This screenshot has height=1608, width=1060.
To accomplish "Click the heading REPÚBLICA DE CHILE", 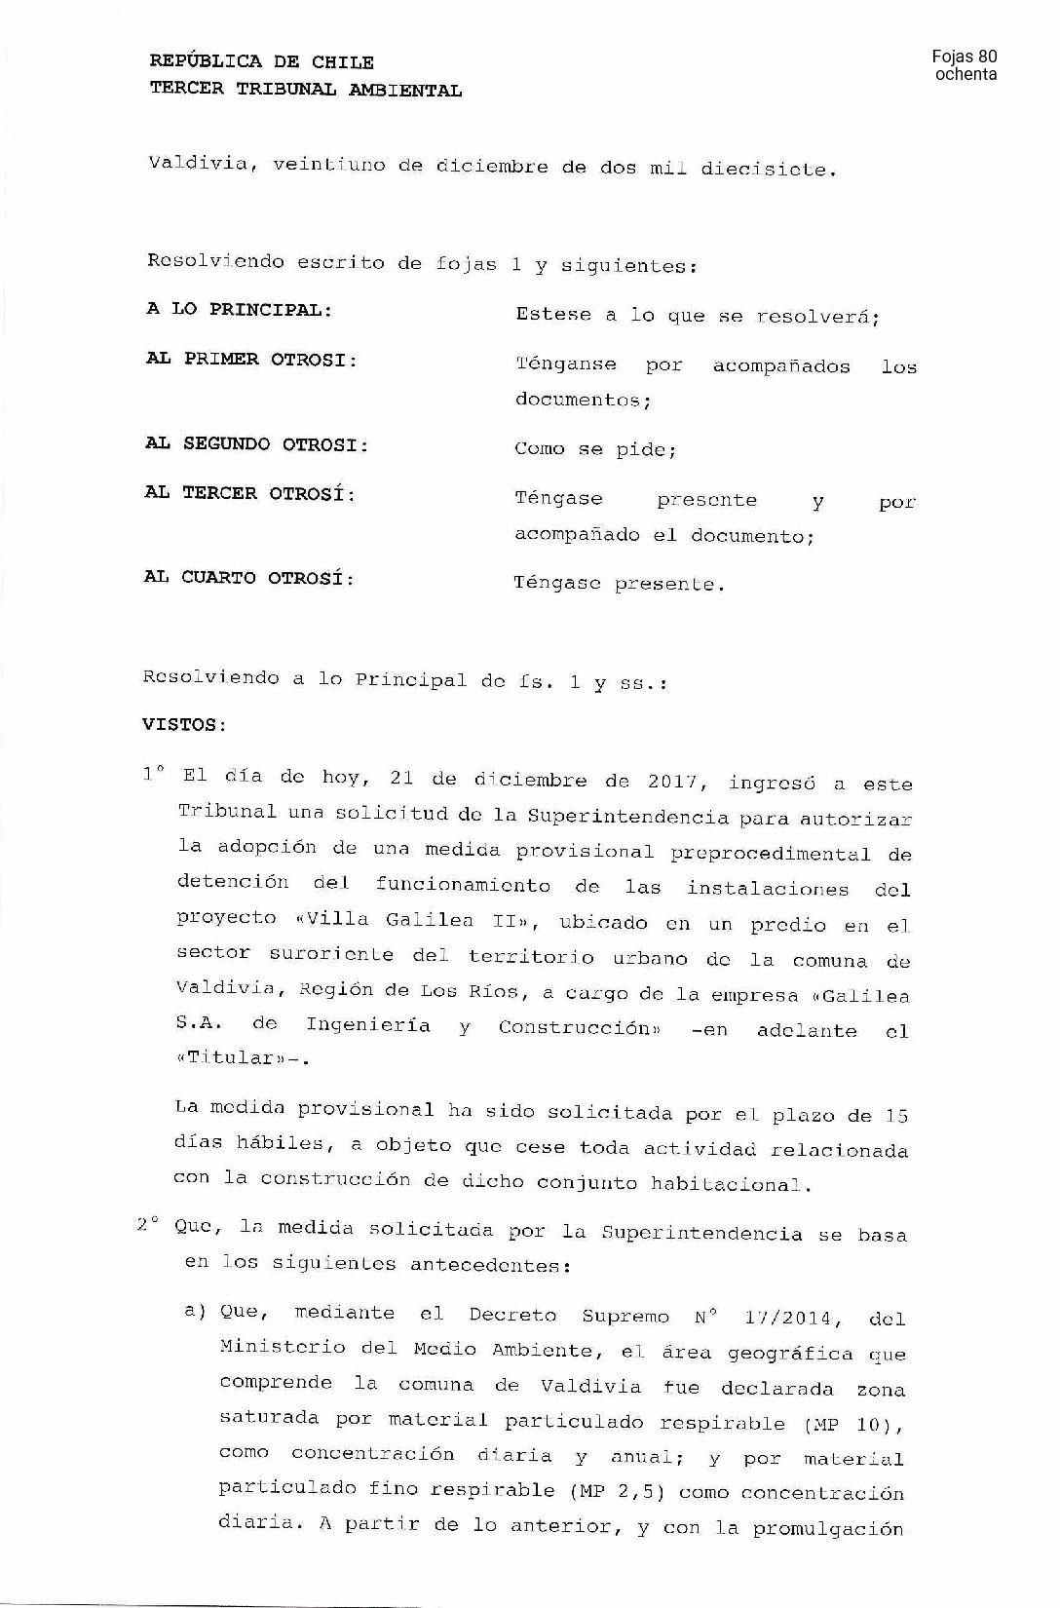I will click(261, 62).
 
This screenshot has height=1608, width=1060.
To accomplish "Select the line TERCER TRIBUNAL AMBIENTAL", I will click(305, 90).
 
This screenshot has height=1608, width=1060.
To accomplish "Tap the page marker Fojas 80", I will click(965, 57).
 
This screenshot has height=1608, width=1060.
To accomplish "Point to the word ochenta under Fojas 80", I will click(965, 75).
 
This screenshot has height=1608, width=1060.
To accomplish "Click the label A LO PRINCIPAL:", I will click(239, 310).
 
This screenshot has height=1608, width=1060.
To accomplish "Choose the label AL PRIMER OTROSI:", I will click(251, 359).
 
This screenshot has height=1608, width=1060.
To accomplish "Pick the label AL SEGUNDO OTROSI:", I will click(257, 444).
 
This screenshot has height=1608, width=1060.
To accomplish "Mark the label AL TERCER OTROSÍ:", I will click(250, 493).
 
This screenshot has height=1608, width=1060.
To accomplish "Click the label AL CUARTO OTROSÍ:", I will click(248, 578).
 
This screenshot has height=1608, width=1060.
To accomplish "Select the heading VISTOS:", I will click(185, 725).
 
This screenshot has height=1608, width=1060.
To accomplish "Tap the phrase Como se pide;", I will click(595, 449).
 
